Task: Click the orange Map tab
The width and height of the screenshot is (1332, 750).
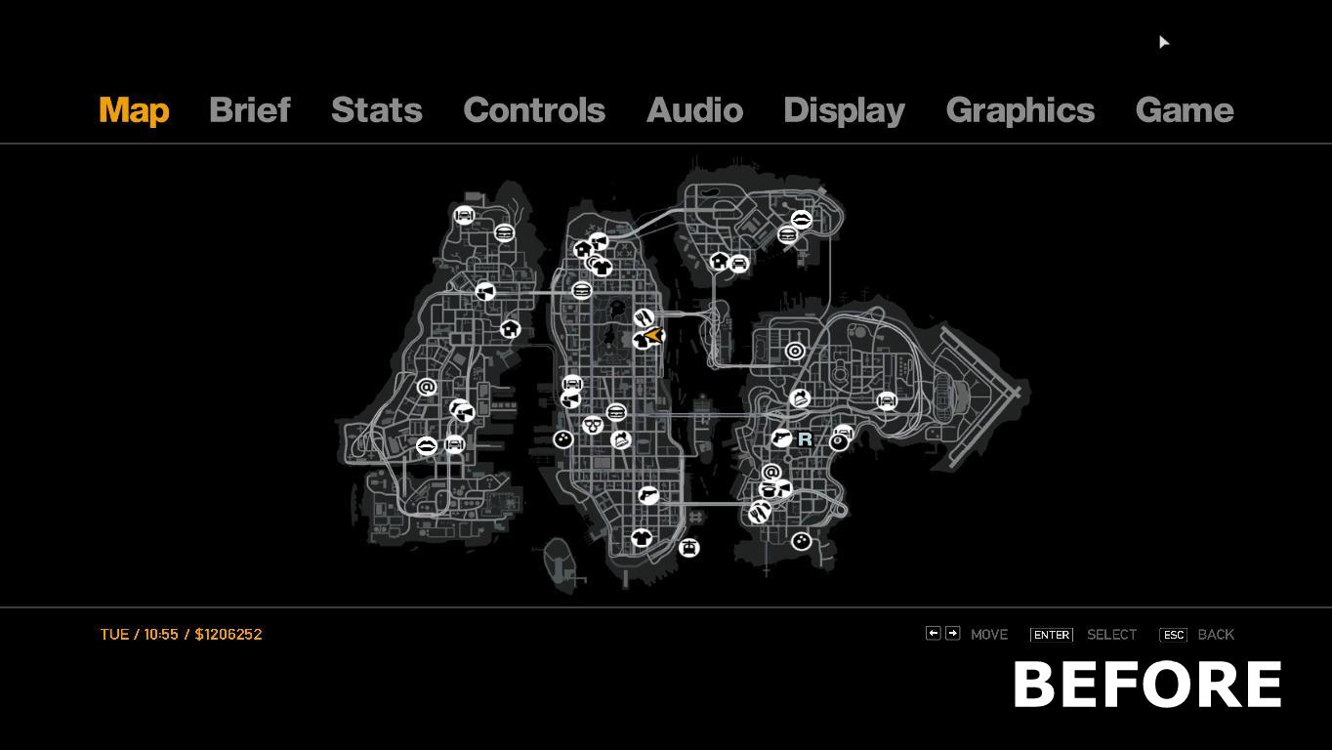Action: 134,111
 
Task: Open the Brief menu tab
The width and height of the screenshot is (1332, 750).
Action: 250,110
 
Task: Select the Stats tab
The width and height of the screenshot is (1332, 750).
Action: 376,110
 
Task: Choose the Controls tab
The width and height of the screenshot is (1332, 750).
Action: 534,110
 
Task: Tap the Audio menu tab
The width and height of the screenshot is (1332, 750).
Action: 694,110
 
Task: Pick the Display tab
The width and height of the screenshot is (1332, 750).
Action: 845,111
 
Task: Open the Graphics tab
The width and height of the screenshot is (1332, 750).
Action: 1020,111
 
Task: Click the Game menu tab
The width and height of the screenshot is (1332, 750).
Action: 1185,110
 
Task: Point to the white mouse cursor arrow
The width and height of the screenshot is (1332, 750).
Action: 1163,42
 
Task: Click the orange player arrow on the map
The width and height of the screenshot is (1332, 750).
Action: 654,336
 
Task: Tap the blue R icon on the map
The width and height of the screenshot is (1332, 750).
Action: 805,439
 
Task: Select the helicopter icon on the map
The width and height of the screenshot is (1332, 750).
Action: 688,547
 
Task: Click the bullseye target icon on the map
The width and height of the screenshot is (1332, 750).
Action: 795,352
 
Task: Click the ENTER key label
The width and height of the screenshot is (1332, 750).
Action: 1052,635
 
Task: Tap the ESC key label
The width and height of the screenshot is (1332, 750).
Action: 1173,635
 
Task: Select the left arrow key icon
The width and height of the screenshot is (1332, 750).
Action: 933,634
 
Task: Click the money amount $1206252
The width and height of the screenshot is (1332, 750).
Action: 229,634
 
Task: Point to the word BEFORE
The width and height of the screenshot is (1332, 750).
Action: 1147,685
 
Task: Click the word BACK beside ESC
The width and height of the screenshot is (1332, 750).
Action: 1216,635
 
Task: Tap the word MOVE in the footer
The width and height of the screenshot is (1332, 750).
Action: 989,635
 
